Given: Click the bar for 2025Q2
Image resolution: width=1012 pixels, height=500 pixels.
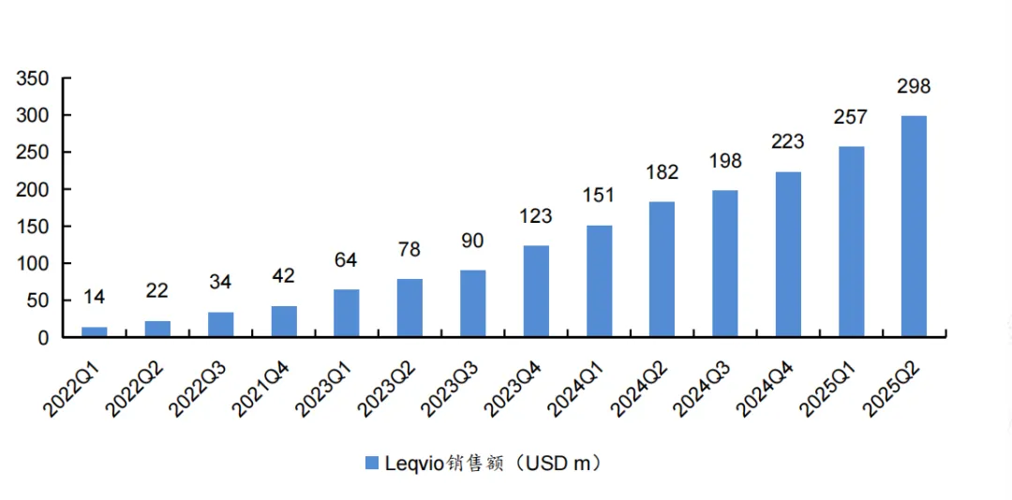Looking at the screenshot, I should [914, 226].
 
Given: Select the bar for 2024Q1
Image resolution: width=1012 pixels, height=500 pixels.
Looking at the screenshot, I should [599, 281].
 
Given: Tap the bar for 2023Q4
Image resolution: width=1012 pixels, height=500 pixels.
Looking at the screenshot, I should [536, 291].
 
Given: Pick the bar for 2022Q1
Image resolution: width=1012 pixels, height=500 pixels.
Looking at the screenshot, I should [95, 331].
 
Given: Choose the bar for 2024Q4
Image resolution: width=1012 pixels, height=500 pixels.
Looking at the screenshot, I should [788, 254].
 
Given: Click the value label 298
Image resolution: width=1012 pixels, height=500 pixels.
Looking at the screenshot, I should [914, 87].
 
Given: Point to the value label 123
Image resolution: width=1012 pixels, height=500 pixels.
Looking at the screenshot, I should [536, 216].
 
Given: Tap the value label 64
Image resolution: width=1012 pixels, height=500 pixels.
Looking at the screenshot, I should [346, 260].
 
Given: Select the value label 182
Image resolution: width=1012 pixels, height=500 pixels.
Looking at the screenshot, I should [662, 172].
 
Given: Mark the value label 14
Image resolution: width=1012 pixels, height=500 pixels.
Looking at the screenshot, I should [95, 298].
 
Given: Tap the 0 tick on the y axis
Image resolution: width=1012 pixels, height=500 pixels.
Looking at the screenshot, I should [41, 338].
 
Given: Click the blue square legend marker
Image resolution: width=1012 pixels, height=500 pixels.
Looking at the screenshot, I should [370, 463].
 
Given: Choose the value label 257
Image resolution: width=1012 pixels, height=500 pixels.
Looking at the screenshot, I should [851, 118].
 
